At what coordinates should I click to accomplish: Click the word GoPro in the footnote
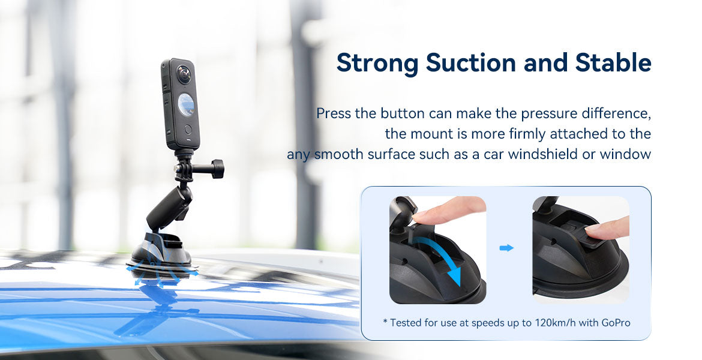[613, 323]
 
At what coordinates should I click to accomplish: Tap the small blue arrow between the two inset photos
[507, 248]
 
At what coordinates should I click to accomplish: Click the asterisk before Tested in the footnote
[385, 322]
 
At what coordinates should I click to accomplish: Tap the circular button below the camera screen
[188, 128]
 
